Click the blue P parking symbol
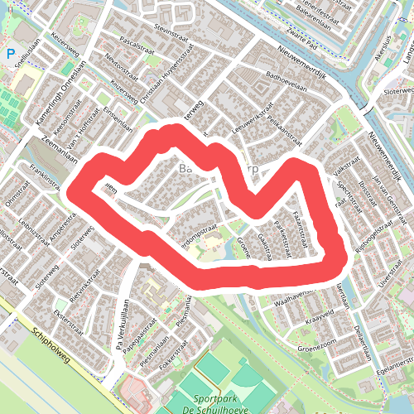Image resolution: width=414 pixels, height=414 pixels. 11,55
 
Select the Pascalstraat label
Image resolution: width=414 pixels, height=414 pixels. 137,39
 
